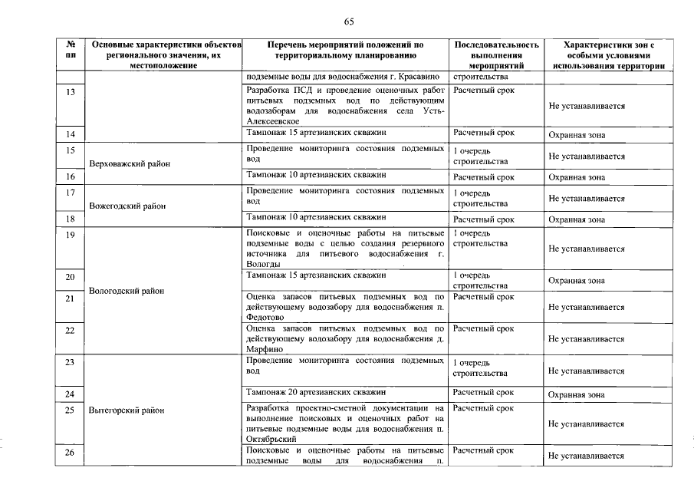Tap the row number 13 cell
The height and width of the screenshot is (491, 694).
[x=71, y=91]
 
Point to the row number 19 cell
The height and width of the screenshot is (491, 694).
[x=71, y=235]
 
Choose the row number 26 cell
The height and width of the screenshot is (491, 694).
[x=71, y=453]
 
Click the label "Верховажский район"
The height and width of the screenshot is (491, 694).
[x=130, y=163]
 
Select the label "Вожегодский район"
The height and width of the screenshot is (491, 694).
[x=127, y=206]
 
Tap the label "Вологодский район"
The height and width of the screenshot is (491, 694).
[x=126, y=291]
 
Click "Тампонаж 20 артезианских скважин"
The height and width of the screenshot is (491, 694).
[x=315, y=392]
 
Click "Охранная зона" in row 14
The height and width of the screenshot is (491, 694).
[x=577, y=135]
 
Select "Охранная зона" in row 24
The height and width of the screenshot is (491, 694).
[x=577, y=396]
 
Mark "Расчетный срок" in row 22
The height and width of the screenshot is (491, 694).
[x=483, y=328]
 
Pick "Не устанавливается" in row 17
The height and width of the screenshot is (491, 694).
[x=587, y=199]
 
